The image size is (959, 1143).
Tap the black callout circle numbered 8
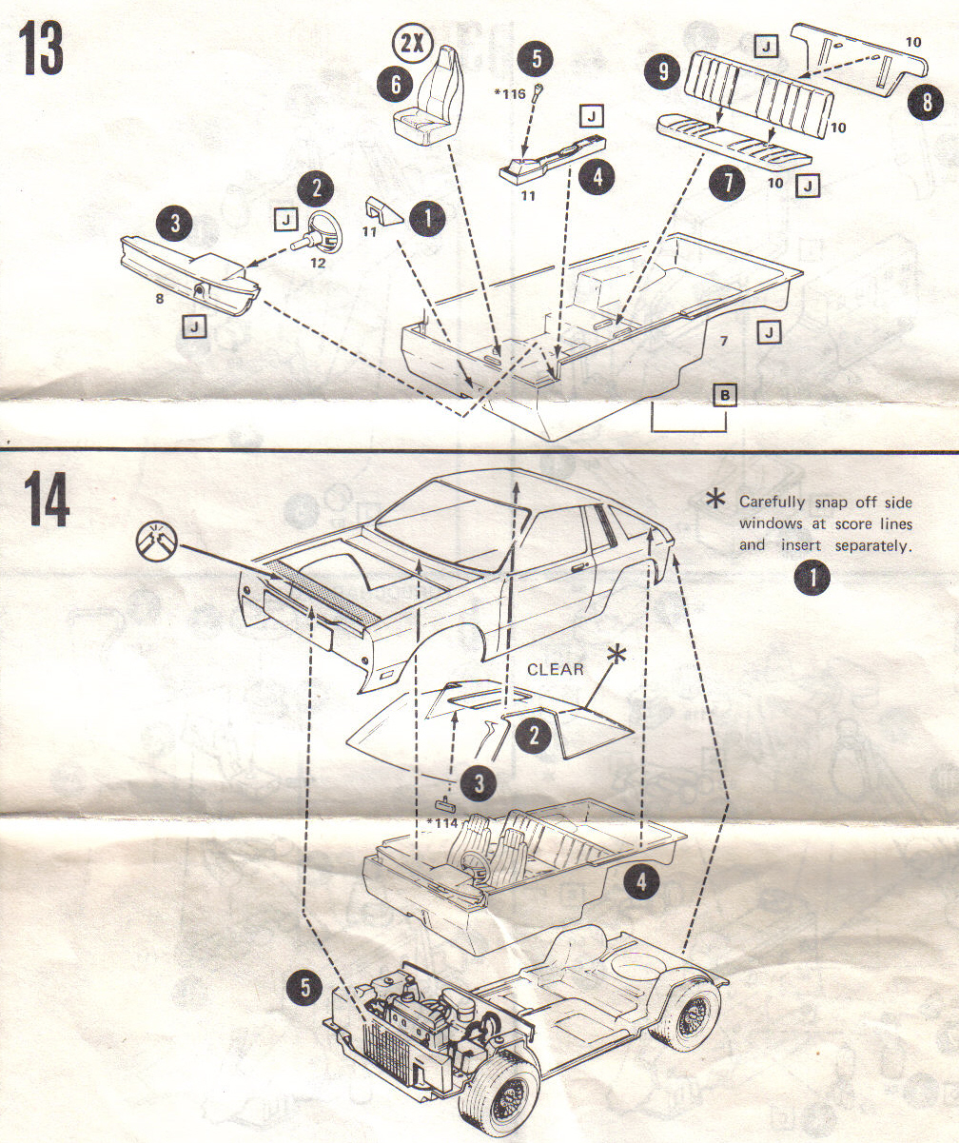(925, 102)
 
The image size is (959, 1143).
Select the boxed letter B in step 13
(725, 396)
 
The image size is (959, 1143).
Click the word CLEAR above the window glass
(555, 669)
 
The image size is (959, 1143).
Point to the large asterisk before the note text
(717, 502)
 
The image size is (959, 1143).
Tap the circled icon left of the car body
(154, 540)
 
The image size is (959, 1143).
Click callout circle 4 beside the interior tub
(641, 882)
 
